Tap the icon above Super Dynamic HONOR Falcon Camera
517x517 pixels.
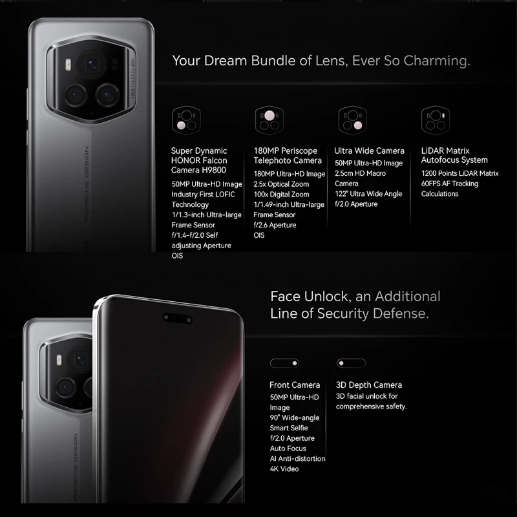pyautogui.click(x=183, y=120)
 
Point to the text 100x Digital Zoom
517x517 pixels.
pyautogui.click(x=281, y=194)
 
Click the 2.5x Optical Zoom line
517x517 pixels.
pyautogui.click(x=281, y=184)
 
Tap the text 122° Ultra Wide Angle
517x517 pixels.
pyautogui.click(x=368, y=194)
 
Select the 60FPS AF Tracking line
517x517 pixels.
pyautogui.click(x=450, y=184)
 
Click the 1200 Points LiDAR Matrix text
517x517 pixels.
pyautogui.click(x=460, y=173)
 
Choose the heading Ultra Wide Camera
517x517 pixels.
pyautogui.click(x=370, y=151)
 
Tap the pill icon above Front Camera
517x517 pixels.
pyautogui.click(x=284, y=363)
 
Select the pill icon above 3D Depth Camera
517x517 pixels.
pyautogui.click(x=351, y=363)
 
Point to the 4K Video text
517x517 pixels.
pyautogui.click(x=284, y=469)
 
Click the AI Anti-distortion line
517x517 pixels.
pyautogui.click(x=297, y=458)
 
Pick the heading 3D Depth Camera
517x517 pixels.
pyautogui.click(x=369, y=385)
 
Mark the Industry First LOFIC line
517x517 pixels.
pyautogui.click(x=203, y=194)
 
